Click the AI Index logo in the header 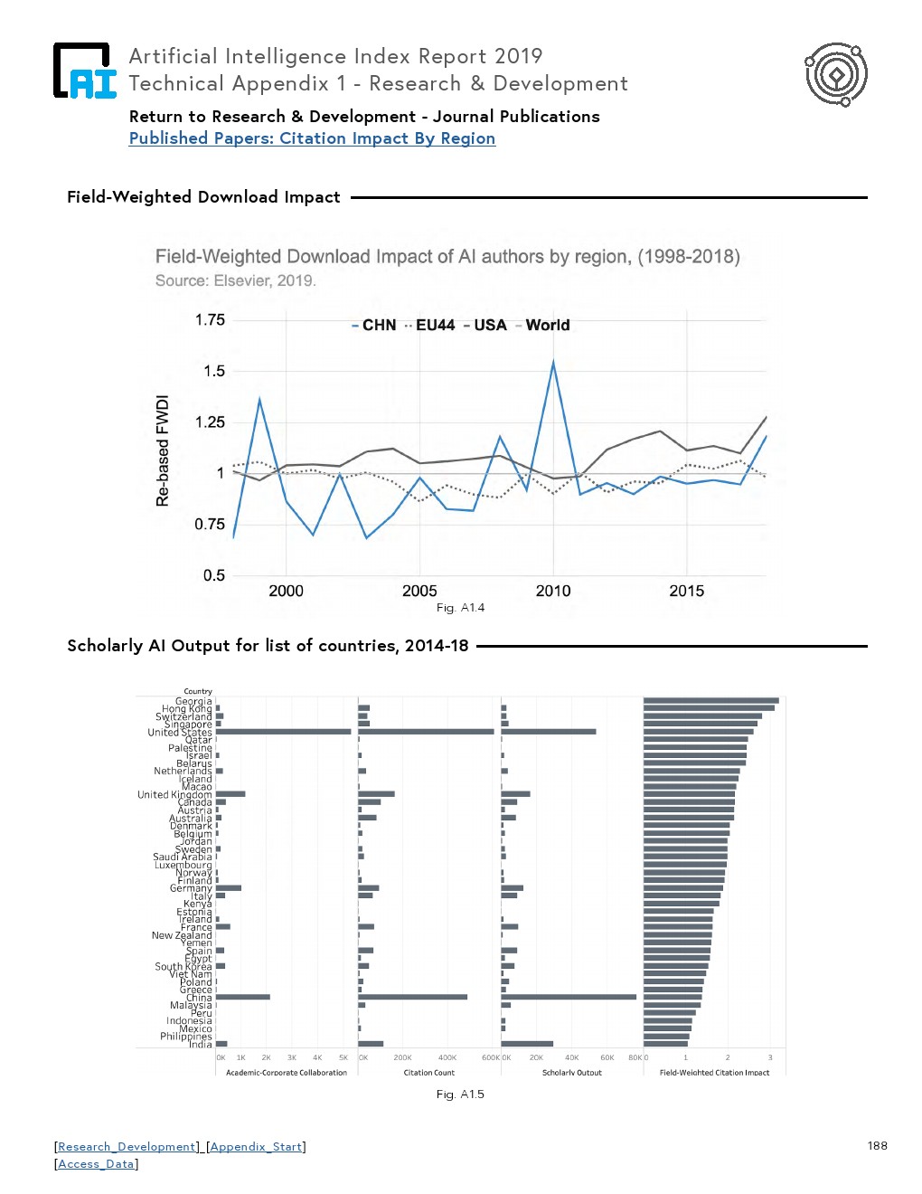point(84,71)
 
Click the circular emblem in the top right point(836,74)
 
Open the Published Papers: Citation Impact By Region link point(312,138)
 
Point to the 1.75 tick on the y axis point(210,320)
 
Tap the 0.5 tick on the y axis point(213,575)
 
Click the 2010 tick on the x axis point(553,592)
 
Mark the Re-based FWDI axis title point(163,450)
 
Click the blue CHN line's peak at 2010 point(553,363)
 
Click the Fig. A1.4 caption point(460,608)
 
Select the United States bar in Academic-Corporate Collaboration point(283,732)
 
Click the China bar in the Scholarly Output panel point(569,997)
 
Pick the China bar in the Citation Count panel point(412,997)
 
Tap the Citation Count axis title point(429,1073)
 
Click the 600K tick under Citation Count point(490,1057)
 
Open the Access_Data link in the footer point(96,1164)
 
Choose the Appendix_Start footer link point(256,1147)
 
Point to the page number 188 point(877,1146)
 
